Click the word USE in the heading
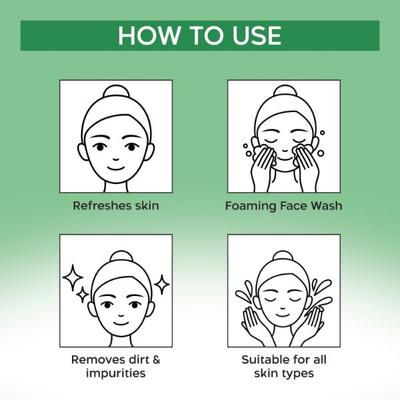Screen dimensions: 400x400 [257, 35]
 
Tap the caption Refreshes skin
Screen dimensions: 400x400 [116, 205]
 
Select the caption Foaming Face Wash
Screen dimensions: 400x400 [284, 206]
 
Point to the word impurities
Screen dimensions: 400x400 [116, 373]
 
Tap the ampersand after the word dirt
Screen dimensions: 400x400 [156, 360]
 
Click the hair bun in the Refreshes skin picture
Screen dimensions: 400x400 [116, 91]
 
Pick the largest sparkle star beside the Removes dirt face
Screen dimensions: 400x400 [73, 278]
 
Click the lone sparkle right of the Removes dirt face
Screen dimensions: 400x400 [162, 285]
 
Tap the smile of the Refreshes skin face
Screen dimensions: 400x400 [116, 167]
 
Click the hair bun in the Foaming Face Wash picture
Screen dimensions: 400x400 [284, 91]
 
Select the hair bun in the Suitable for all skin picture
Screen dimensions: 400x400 [283, 257]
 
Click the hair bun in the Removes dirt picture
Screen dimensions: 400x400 [121, 258]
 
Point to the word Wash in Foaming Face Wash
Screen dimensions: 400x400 [327, 206]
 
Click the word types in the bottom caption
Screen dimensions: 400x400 [298, 373]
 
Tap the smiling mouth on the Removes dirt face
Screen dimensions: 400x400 [121, 323]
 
